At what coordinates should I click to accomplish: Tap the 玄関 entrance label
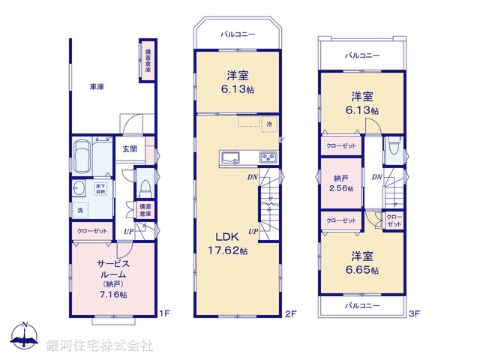coord(130,148)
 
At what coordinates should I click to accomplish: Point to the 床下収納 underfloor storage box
coord(100,188)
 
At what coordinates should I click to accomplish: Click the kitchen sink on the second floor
coord(230,157)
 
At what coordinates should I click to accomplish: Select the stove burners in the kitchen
coord(268,157)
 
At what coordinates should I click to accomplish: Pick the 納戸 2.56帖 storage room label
coord(341,184)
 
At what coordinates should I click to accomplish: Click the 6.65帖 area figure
coord(364,270)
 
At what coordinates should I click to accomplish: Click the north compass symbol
coord(25,337)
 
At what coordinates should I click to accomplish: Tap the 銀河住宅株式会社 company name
coord(100,346)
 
